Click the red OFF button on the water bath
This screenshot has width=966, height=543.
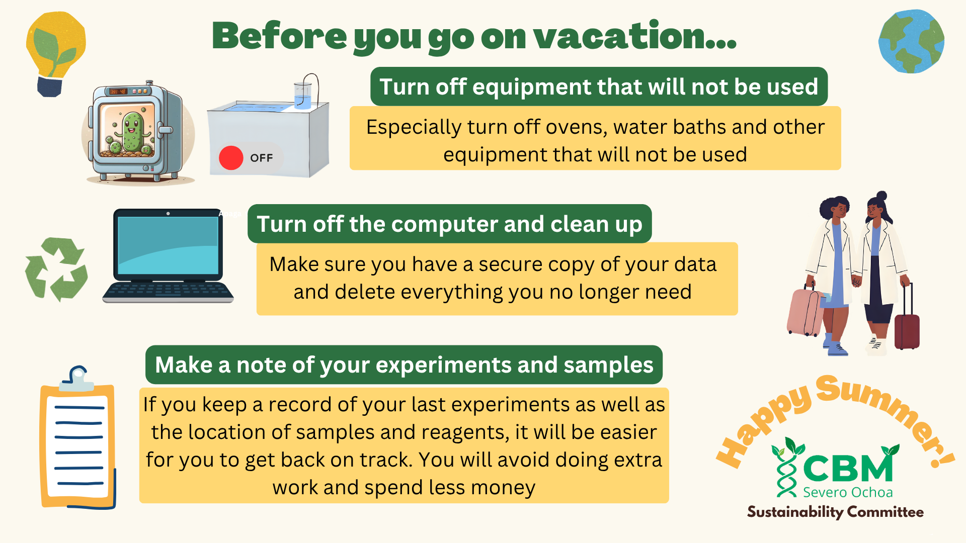pyautogui.click(x=231, y=158)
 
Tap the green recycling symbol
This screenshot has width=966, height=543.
pyautogui.click(x=56, y=269)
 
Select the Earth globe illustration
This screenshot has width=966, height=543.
pyautogui.click(x=911, y=41)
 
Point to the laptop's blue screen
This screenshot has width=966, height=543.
pyautogui.click(x=168, y=245)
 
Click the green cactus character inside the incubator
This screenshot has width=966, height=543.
pyautogui.click(x=132, y=132)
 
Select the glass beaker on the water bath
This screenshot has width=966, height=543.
pyautogui.click(x=303, y=95)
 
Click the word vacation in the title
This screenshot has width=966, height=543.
pyautogui.click(x=635, y=36)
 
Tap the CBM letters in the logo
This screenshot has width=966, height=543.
pyautogui.click(x=848, y=468)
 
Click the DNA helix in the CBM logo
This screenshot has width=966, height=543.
pyautogui.click(x=786, y=468)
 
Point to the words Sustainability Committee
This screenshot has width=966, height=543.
pyautogui.click(x=835, y=512)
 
